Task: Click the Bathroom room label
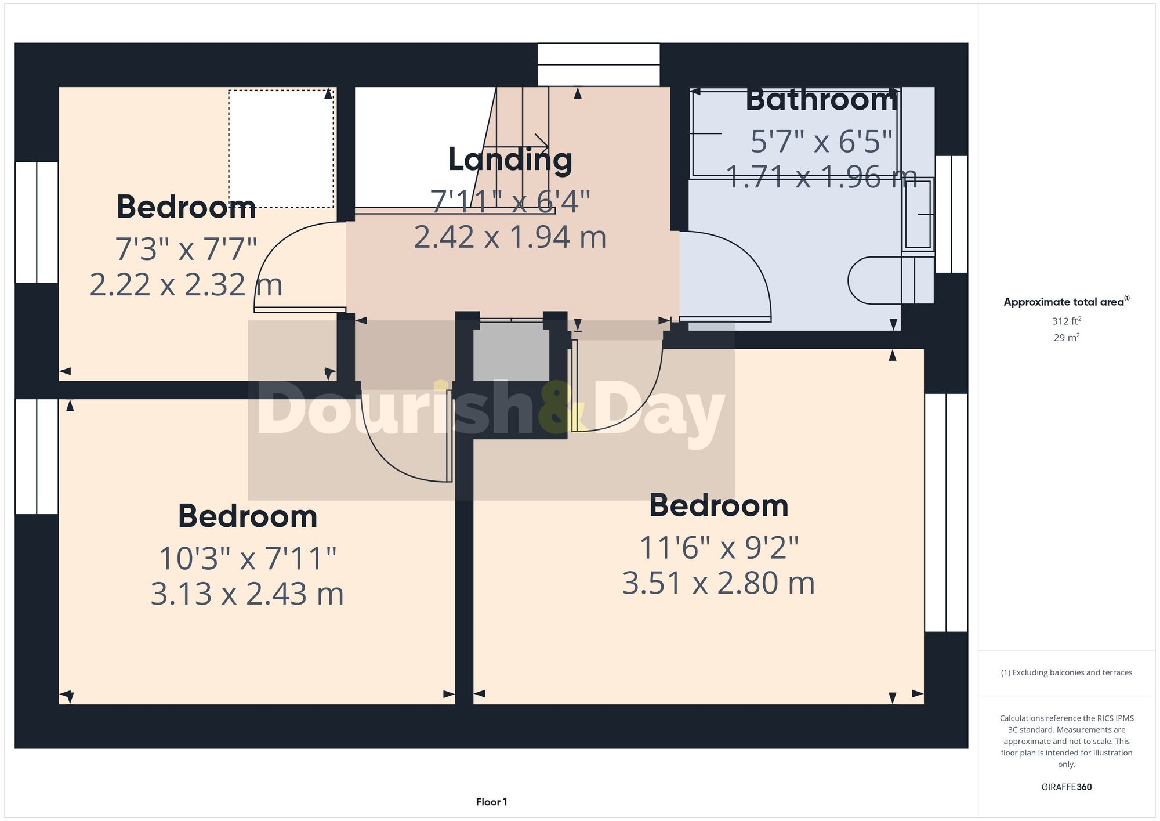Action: pyautogui.click(x=821, y=100)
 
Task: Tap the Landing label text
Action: pyautogui.click(x=510, y=160)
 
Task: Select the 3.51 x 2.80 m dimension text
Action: pyautogui.click(x=718, y=583)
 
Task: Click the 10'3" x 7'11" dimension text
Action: pyautogui.click(x=248, y=559)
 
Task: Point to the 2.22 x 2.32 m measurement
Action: pyautogui.click(x=186, y=285)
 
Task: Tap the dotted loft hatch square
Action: pyautogui.click(x=281, y=149)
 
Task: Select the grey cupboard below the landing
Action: pyautogui.click(x=511, y=352)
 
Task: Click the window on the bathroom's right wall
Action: pyautogui.click(x=951, y=214)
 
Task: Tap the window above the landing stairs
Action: pyautogui.click(x=599, y=64)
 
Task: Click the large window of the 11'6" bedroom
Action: pyautogui.click(x=946, y=512)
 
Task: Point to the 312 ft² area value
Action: pyautogui.click(x=1066, y=321)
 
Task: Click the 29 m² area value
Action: pyautogui.click(x=1066, y=338)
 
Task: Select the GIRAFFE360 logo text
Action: pyautogui.click(x=1066, y=787)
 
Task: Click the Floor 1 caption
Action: pyautogui.click(x=491, y=802)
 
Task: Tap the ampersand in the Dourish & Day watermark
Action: pyautogui.click(x=560, y=408)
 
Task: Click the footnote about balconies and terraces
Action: pyautogui.click(x=1066, y=672)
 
